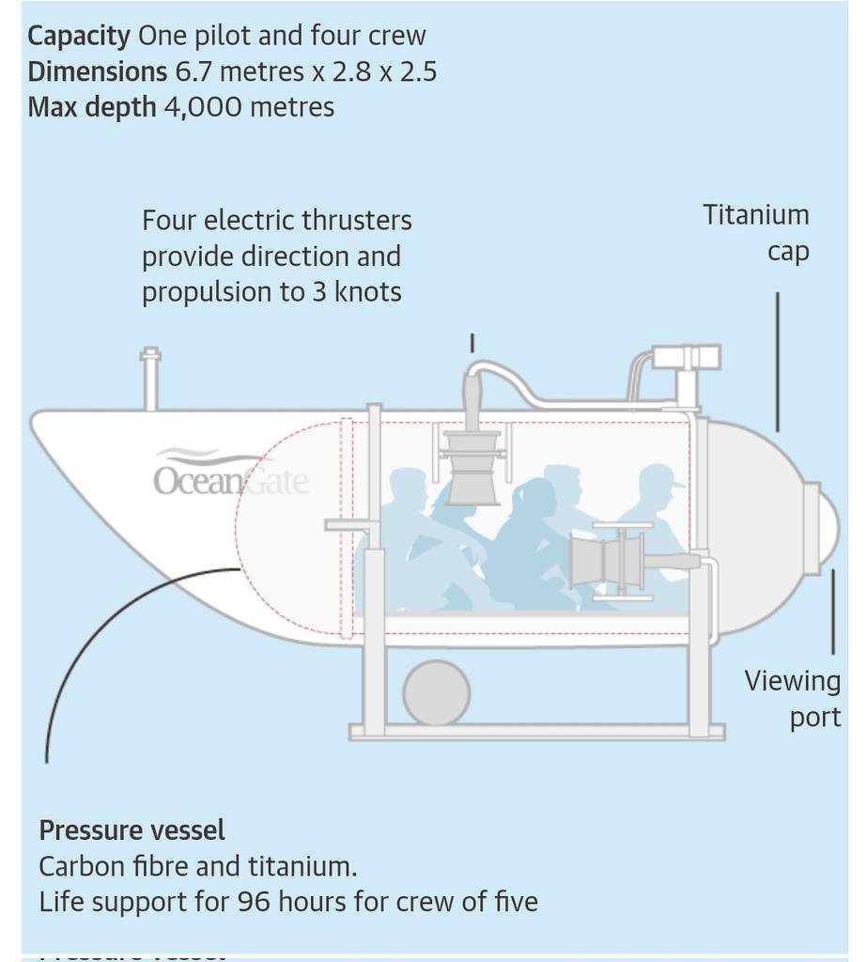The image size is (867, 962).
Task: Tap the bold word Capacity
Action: click(79, 36)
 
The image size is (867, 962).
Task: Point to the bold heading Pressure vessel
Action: click(132, 830)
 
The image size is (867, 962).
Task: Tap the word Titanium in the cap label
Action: click(756, 214)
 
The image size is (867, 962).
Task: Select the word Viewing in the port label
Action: click(792, 681)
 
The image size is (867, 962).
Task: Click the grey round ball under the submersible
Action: click(436, 693)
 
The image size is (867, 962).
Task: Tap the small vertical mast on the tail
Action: click(150, 379)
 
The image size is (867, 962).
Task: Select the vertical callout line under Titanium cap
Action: click(777, 362)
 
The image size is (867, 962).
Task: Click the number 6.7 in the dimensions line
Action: click(193, 71)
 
